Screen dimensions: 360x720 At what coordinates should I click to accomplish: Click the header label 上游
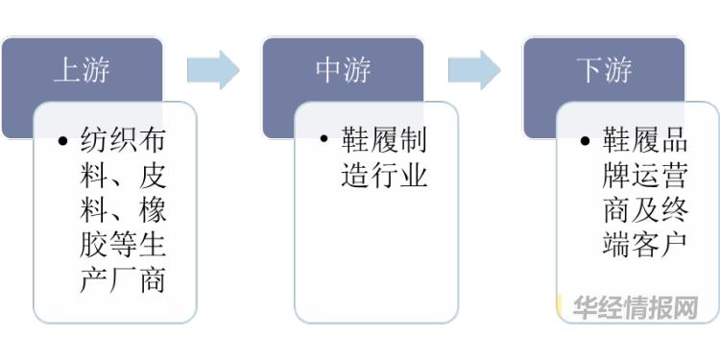[81, 70]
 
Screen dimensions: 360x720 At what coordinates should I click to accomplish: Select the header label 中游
[343, 70]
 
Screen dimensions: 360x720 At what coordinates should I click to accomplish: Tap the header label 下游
[604, 70]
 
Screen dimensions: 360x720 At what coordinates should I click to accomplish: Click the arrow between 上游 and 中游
[212, 69]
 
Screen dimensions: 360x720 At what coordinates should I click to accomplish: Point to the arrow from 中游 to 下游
[474, 69]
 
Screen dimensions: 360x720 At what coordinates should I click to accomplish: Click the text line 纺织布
[121, 141]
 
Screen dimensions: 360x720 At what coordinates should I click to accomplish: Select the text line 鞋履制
[383, 141]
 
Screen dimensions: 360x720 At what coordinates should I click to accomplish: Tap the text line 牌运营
[644, 177]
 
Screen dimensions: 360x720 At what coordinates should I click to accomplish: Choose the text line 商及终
[644, 211]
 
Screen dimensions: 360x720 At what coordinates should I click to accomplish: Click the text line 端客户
[644, 246]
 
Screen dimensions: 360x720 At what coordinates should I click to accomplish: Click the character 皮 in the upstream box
[153, 177]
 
